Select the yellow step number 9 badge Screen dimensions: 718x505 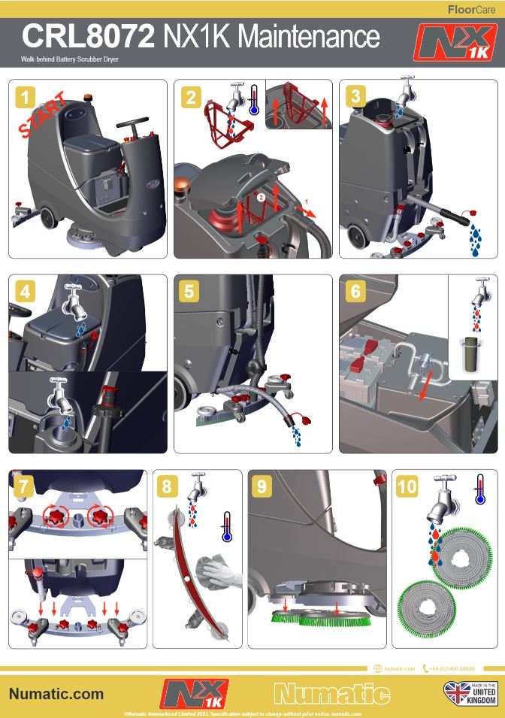click(x=261, y=486)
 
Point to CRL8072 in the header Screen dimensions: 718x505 click(x=88, y=36)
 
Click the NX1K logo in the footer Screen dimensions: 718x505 click(x=195, y=693)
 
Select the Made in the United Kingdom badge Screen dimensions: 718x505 click(x=470, y=693)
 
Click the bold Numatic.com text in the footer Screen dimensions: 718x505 click(x=56, y=694)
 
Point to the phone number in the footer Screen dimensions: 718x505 click(x=451, y=668)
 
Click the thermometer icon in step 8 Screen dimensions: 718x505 click(x=226, y=527)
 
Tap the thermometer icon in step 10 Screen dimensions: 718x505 click(x=479, y=490)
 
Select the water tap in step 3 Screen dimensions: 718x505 click(x=407, y=92)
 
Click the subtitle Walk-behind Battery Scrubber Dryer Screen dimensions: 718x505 click(x=71, y=59)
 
